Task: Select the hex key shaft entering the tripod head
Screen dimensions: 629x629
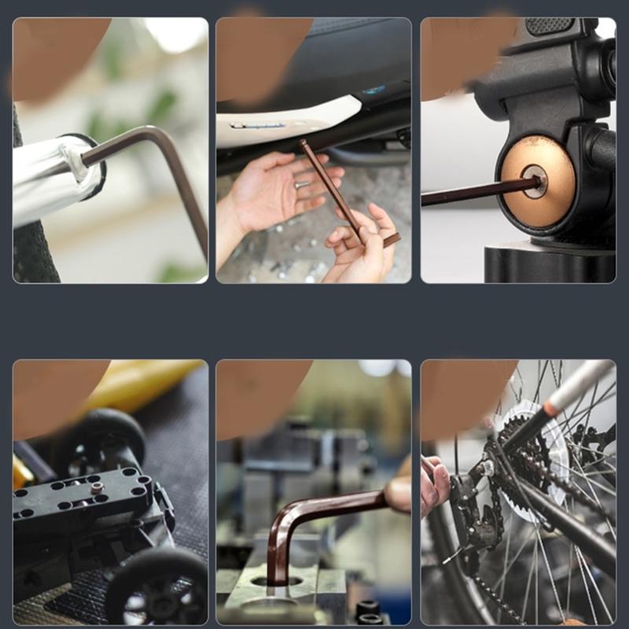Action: point(472,192)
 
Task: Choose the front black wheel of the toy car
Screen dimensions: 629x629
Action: point(157,586)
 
